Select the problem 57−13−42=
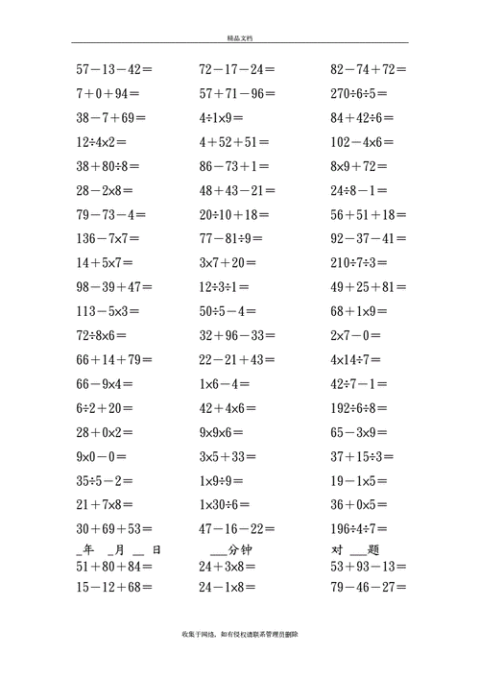point(114,69)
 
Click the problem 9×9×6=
point(228,432)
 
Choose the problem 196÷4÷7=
point(363,528)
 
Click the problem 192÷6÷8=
point(363,407)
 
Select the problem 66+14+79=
point(114,359)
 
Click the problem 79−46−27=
point(369,587)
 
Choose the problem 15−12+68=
point(114,587)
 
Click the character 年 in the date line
point(88,549)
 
